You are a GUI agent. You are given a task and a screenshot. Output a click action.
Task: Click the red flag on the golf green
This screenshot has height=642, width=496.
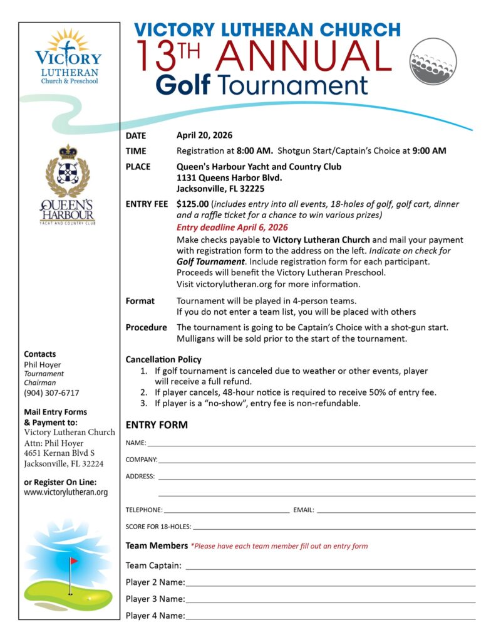(74, 560)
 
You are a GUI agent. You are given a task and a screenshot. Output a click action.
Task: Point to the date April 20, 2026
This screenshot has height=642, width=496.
(204, 135)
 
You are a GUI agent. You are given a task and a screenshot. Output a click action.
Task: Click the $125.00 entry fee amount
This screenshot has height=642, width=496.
(192, 204)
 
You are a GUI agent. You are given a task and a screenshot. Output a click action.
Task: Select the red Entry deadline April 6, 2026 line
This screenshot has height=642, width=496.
(232, 228)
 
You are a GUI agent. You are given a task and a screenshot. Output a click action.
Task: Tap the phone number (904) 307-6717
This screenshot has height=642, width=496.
(51, 393)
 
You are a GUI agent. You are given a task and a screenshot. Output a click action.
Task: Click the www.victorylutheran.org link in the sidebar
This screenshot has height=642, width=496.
(66, 492)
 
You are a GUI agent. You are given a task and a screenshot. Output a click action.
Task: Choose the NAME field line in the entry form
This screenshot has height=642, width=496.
(311, 444)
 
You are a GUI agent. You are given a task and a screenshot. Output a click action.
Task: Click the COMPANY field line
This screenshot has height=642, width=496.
(316, 461)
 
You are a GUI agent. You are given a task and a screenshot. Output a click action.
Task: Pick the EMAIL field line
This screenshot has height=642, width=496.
(396, 511)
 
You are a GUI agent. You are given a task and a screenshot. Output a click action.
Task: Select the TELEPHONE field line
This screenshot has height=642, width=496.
(226, 511)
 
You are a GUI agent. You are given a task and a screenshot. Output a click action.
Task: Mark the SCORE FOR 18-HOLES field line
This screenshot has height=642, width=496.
(334, 528)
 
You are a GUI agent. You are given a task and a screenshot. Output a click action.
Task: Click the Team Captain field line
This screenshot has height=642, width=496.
(330, 567)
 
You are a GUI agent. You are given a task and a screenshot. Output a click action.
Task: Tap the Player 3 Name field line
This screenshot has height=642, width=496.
(330, 600)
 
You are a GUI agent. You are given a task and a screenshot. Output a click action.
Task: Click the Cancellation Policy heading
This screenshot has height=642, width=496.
(163, 359)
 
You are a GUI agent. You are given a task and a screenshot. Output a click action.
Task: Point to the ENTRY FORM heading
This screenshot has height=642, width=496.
(157, 425)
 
